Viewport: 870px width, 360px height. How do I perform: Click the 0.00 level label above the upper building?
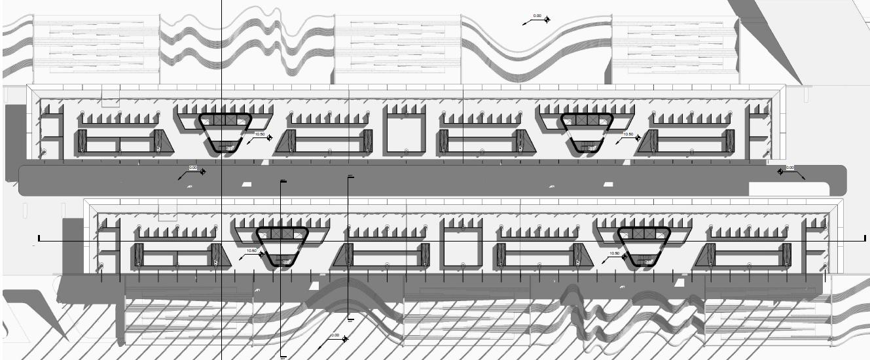(537, 16)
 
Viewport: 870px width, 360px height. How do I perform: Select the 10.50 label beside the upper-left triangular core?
(260, 134)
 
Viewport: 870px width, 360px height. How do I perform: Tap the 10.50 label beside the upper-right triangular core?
(628, 135)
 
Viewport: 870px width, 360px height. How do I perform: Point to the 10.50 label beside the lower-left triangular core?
(251, 251)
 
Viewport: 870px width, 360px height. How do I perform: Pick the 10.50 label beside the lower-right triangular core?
(614, 253)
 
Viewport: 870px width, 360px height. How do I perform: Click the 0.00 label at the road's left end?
(192, 168)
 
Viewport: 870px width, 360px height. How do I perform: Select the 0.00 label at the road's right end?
(790, 168)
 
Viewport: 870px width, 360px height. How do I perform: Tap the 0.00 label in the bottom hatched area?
(335, 336)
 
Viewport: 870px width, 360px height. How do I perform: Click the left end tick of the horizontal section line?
(39, 238)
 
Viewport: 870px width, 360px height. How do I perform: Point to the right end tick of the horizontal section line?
(865, 238)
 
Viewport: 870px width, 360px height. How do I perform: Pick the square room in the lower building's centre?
(462, 246)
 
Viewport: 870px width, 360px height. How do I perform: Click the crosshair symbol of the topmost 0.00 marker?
(547, 19)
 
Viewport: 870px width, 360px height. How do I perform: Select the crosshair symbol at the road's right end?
(780, 171)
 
